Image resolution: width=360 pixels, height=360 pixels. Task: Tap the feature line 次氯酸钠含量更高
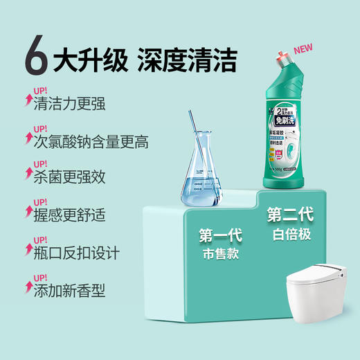(x=91, y=142)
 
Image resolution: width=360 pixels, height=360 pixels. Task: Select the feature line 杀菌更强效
(x=69, y=178)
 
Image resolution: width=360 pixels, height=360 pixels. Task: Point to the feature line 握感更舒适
(x=69, y=216)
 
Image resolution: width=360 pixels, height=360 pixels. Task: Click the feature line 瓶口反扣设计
(x=76, y=253)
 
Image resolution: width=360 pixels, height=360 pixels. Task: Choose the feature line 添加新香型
(x=69, y=290)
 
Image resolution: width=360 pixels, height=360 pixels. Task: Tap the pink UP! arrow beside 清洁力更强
(x=29, y=99)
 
